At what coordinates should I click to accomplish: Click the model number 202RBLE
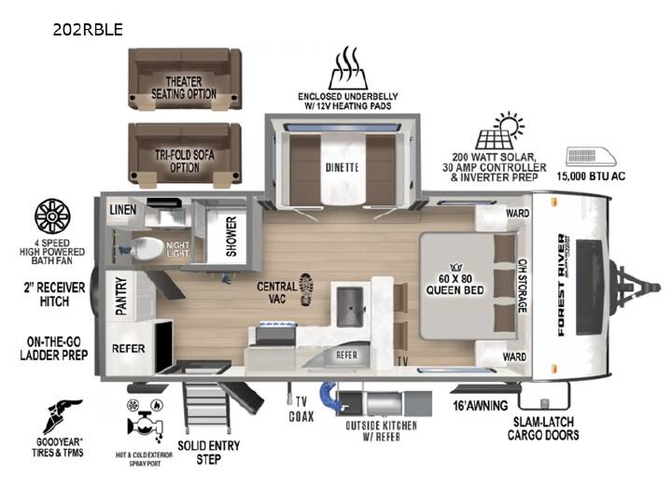(88, 29)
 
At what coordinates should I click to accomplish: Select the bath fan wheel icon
(52, 217)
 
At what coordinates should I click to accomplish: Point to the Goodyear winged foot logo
(62, 415)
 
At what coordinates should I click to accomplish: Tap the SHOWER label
(231, 236)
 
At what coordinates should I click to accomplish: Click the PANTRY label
(121, 296)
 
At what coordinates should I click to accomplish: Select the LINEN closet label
(123, 210)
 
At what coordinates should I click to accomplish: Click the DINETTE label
(342, 168)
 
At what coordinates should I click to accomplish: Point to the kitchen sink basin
(350, 307)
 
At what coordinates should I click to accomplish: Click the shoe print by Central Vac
(306, 289)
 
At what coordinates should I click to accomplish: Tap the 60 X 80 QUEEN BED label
(455, 285)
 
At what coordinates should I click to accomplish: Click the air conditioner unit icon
(591, 157)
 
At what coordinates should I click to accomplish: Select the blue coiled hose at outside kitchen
(330, 396)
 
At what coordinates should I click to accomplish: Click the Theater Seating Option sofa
(185, 78)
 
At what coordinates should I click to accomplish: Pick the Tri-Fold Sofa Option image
(185, 153)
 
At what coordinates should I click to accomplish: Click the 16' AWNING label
(481, 405)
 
